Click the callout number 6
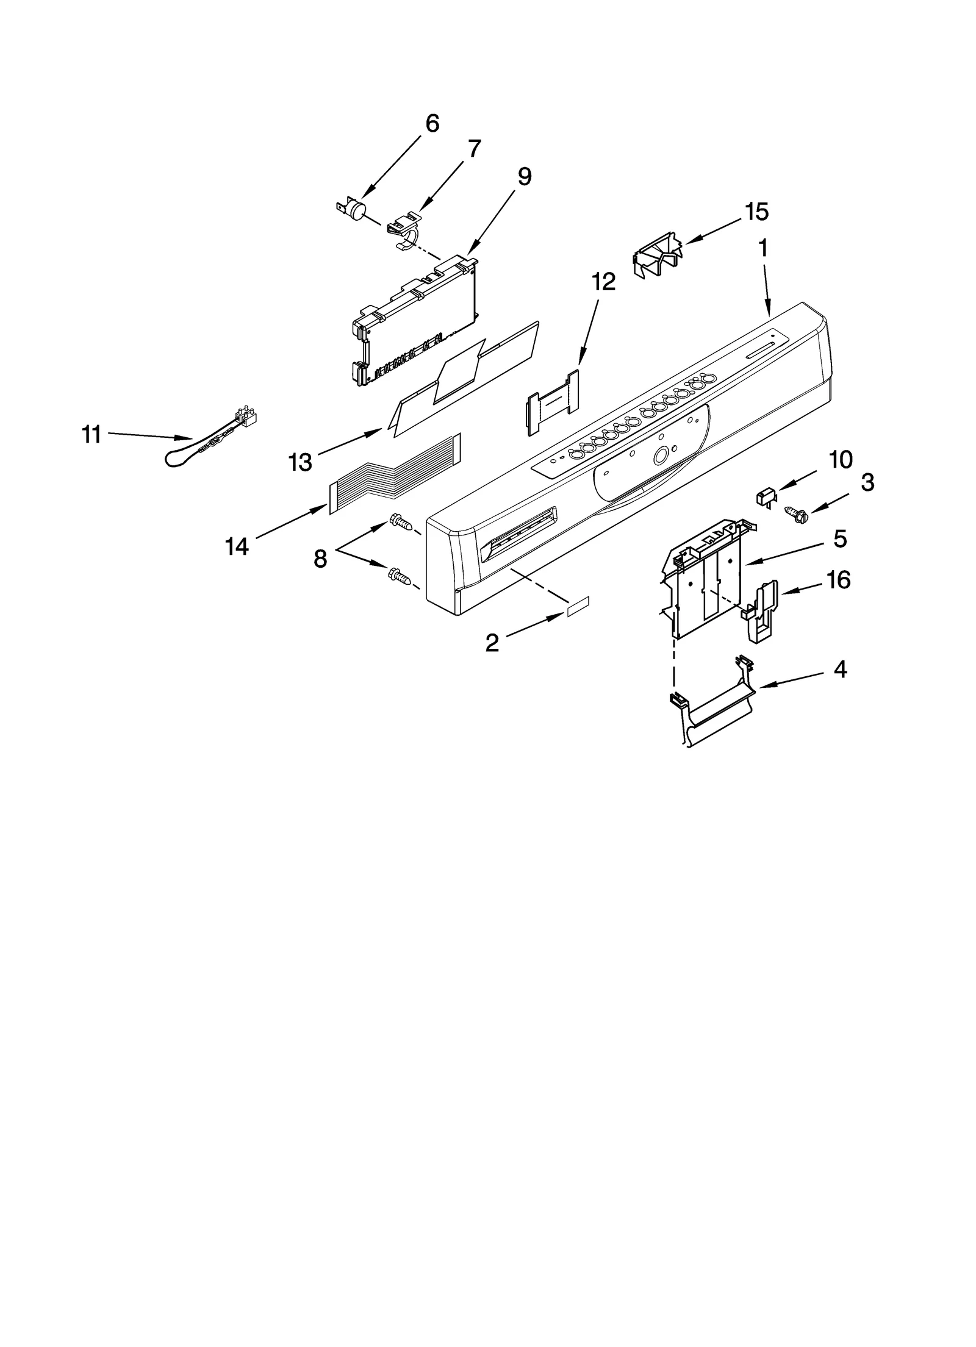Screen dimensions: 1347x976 tap(431, 124)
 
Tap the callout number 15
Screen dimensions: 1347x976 tap(756, 212)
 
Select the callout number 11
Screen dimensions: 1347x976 tap(91, 435)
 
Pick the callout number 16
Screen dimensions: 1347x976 tap(839, 580)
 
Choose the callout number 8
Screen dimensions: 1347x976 tap(320, 558)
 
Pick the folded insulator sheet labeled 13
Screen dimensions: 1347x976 tap(464, 384)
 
